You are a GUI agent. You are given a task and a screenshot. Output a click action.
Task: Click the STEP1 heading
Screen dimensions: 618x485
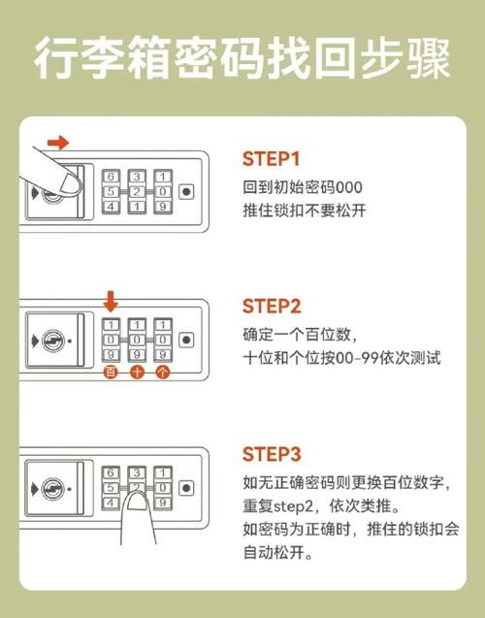[x=271, y=158]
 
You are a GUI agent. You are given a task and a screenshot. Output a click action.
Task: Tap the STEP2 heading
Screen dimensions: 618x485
[x=272, y=307]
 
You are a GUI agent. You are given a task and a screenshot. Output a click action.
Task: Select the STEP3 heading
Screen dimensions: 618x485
[x=272, y=454]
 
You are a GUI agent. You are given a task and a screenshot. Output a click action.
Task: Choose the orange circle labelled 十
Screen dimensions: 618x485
[x=137, y=372]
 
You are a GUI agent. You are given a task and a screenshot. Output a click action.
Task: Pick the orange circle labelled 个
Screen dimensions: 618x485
[x=162, y=372]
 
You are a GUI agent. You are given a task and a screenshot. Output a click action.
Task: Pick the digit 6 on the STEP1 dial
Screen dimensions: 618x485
[x=111, y=177]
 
